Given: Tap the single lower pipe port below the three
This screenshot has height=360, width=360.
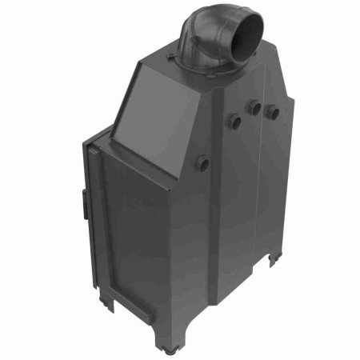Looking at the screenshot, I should coord(203,163).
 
